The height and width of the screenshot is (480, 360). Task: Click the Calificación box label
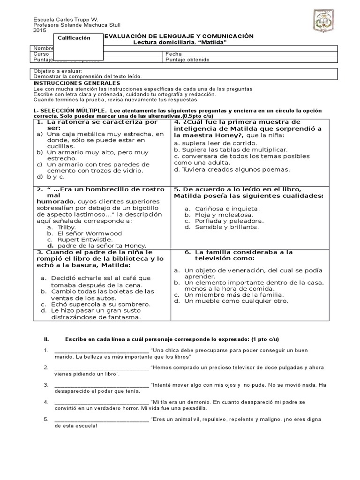(x=74, y=38)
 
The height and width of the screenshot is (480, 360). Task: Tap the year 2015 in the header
(x=40, y=30)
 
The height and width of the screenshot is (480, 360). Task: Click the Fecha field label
(x=173, y=54)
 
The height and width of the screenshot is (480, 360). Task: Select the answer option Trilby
(x=67, y=227)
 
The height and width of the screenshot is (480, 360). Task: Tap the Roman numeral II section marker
(x=46, y=339)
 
